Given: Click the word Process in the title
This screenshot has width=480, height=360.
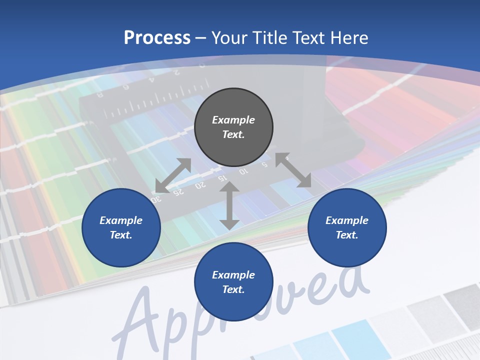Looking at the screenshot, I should pos(157,38).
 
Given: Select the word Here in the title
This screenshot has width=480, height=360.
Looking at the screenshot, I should pos(348,38).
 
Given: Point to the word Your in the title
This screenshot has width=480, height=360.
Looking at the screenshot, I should pos(229,38).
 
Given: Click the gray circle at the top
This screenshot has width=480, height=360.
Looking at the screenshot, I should pos(233,127).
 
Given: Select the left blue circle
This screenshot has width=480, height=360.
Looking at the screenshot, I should pos(121,227).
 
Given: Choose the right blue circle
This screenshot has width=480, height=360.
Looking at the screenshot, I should pos(347,227).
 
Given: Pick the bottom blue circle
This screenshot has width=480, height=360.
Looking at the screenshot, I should pos(233,282).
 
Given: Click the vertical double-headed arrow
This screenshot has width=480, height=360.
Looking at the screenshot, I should pos(229,205).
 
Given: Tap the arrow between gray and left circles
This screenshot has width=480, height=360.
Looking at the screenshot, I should pos(173,175).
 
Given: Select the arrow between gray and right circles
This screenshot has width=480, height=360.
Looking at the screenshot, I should pos(293,170).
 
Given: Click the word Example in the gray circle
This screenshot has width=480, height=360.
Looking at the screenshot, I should pos(233,120).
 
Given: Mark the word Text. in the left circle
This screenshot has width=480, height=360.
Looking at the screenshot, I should pos(121,235).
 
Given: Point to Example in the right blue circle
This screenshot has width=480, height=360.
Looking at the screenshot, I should pos(347,220).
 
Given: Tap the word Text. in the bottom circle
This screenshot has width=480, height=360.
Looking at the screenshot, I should pos(233,289).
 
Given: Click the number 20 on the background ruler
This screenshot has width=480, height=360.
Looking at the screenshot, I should pos(200,185).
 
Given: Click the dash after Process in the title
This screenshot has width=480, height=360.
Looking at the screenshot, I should pos(201,38).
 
